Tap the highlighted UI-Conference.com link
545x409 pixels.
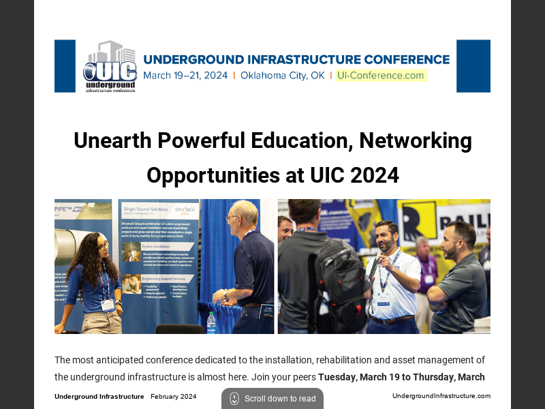pyautogui.click(x=381, y=76)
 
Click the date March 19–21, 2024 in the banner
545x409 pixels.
pyautogui.click(x=185, y=76)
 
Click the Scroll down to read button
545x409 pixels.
pyautogui.click(x=272, y=399)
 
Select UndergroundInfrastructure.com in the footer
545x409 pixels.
pyautogui.click(x=441, y=396)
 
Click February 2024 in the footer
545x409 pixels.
pyautogui.click(x=173, y=397)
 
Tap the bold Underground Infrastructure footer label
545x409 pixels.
pyautogui.click(x=99, y=397)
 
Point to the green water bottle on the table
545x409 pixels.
pyautogui.click(x=211, y=322)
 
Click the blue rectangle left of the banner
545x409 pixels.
pyautogui.click(x=65, y=66)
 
